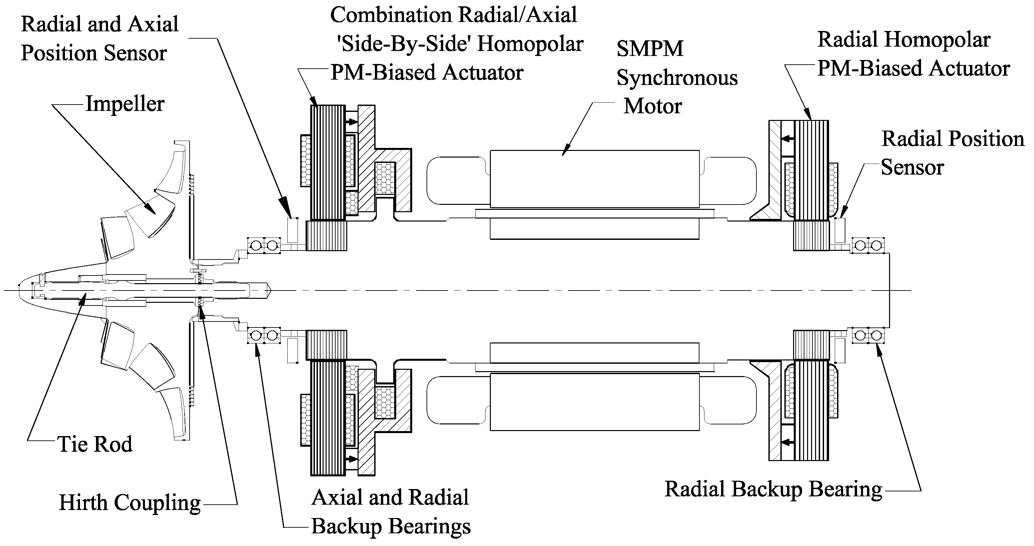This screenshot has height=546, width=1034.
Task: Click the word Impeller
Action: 125,104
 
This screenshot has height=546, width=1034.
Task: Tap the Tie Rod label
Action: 95,444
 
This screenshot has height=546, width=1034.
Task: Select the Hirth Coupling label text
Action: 130,503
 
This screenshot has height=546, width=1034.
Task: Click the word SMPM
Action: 650,49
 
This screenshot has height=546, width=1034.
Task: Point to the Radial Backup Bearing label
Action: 773,489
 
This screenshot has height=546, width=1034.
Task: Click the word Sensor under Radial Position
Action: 912,167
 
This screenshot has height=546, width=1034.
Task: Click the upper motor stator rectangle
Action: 594,179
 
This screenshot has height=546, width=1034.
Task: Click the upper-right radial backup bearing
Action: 868,246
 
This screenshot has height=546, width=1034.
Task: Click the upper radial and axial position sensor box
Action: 293,230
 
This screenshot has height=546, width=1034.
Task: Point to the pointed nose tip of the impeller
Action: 19,289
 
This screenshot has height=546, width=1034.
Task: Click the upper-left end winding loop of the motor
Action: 457,180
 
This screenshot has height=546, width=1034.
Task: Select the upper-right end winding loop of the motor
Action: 730,180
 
